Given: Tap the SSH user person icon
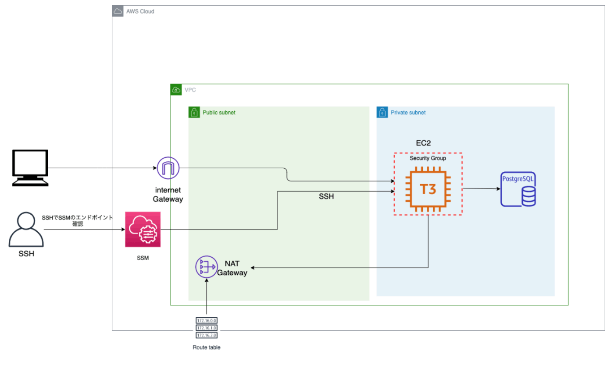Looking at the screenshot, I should click(26, 230).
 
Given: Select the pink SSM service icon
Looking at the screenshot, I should click(143, 229).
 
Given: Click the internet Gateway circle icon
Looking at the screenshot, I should click(168, 167).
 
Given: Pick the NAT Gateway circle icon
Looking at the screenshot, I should click(206, 267).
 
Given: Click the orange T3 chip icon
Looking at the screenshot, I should click(428, 189).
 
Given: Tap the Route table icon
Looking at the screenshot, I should click(207, 328).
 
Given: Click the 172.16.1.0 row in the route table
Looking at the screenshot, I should click(207, 328).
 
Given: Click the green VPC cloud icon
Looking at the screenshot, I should click(176, 90).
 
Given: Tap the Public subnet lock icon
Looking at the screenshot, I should click(194, 113).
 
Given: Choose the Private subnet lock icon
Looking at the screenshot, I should click(382, 113).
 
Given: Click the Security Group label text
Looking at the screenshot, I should click(428, 158).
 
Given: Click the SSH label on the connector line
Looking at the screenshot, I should click(326, 197).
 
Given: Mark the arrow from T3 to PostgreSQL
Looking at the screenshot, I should click(481, 189).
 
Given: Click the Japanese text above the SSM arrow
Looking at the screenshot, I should click(78, 220).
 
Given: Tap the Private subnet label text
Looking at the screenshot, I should click(408, 113).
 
